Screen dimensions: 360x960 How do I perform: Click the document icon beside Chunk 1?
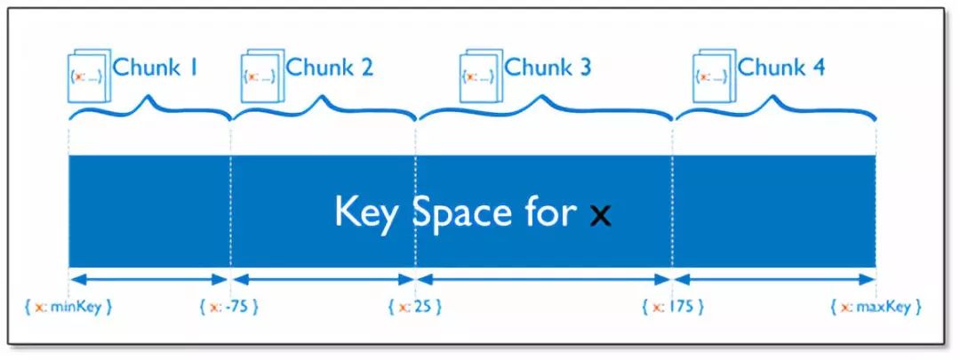tap(88, 74)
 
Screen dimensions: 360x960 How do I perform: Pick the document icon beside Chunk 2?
tap(261, 74)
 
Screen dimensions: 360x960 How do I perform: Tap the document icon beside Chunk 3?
tap(480, 74)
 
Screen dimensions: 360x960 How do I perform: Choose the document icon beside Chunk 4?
tap(714, 74)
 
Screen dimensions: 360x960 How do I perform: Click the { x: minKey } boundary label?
tap(68, 307)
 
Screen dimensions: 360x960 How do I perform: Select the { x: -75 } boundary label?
tap(228, 307)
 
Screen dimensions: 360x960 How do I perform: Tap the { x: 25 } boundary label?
tap(414, 307)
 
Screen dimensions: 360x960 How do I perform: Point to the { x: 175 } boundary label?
tap(672, 307)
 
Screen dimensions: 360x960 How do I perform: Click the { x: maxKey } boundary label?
tap(876, 307)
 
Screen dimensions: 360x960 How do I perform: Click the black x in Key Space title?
tap(601, 214)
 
